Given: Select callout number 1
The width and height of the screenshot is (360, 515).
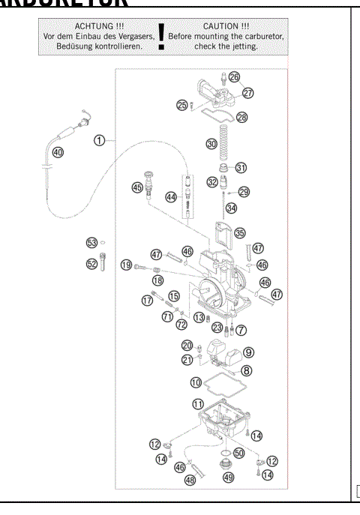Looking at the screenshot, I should [98, 139].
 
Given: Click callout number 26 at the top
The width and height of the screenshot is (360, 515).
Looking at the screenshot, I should [234, 77].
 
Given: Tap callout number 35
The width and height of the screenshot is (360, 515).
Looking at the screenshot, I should [240, 233].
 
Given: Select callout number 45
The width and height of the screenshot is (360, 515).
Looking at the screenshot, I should [137, 188].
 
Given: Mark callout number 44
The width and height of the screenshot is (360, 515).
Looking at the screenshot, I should [172, 197].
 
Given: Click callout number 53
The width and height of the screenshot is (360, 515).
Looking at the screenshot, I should [91, 243].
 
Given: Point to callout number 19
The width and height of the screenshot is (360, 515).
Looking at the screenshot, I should [126, 265].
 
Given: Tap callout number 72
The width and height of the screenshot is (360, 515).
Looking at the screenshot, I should [181, 324].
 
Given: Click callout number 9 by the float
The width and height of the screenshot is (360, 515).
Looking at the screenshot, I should [248, 352].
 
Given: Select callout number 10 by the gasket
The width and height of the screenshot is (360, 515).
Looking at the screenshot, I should [196, 382].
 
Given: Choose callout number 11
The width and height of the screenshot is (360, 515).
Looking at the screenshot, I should [199, 403].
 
